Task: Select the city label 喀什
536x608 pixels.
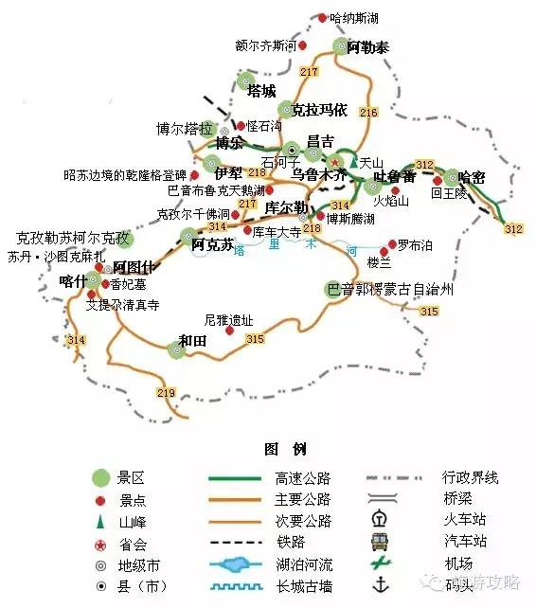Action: pyautogui.click(x=72, y=280)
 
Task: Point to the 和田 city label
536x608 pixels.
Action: pyautogui.click(x=192, y=341)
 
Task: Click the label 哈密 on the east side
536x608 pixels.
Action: pyautogui.click(x=471, y=176)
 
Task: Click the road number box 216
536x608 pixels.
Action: pyautogui.click(x=368, y=114)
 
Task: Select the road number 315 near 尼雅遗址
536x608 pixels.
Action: pyautogui.click(x=255, y=339)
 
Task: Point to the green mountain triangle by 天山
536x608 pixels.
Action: pyautogui.click(x=353, y=163)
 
